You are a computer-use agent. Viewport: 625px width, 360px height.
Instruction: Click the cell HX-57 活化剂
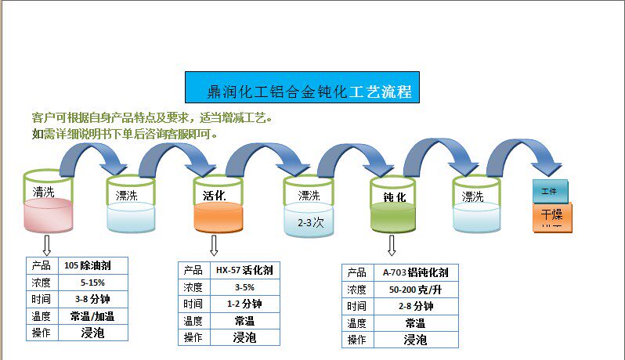[244, 270]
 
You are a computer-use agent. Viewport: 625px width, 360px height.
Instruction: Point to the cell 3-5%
[244, 287]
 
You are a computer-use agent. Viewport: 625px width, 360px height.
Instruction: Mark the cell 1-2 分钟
[244, 304]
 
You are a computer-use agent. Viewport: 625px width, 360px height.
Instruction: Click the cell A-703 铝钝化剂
[416, 272]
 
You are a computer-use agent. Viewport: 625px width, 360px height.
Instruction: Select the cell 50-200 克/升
[416, 290]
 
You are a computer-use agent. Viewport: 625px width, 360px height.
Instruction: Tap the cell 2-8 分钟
[416, 306]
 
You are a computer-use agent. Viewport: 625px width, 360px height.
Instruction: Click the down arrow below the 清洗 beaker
[46, 244]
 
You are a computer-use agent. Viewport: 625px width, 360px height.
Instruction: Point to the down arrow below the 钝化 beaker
[392, 246]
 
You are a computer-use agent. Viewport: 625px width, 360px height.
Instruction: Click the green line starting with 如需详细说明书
[125, 134]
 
